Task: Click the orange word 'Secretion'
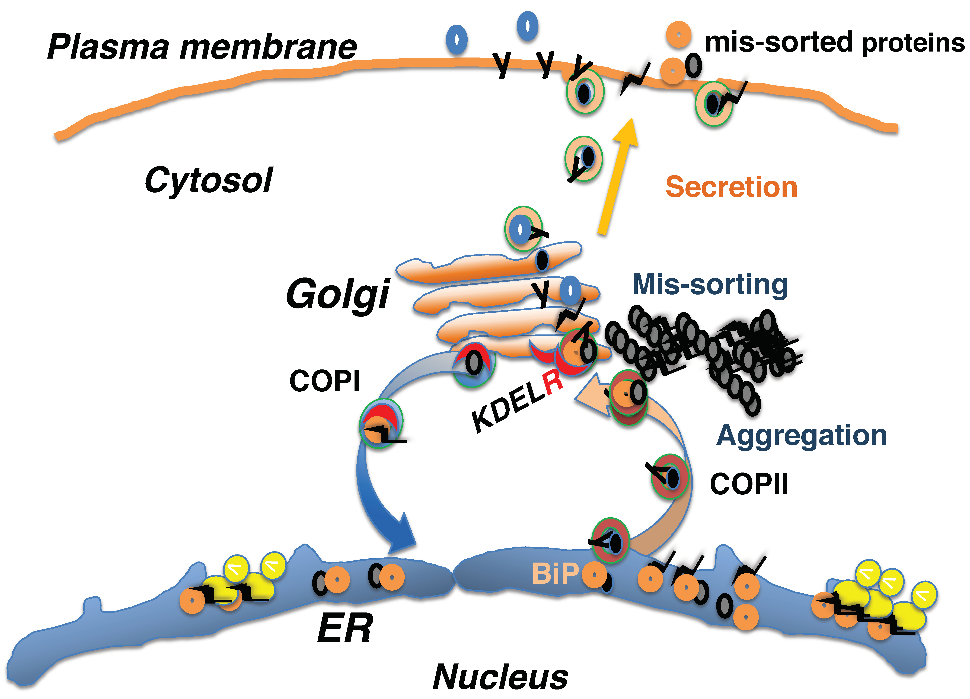pyautogui.click(x=731, y=187)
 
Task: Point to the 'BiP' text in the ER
pyautogui.click(x=555, y=573)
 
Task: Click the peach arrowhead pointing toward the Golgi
pyautogui.click(x=592, y=396)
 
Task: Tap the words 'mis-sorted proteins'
pyautogui.click(x=834, y=43)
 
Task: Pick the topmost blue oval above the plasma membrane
pyautogui.click(x=527, y=26)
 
